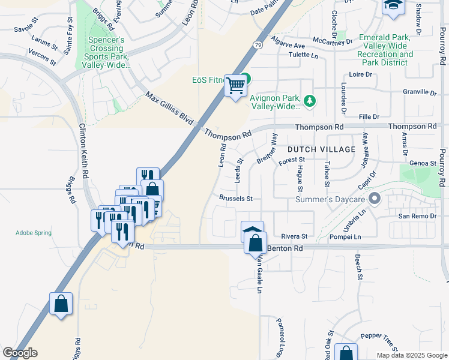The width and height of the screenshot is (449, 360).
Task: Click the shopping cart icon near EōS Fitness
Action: pyautogui.click(x=235, y=86)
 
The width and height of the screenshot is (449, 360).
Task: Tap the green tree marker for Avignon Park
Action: pyautogui.click(x=310, y=100)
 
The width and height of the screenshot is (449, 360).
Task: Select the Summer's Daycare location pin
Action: pyautogui.click(x=375, y=198)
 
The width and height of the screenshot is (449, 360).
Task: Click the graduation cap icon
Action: pyautogui.click(x=393, y=5)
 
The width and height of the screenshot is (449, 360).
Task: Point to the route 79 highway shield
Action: pyautogui.click(x=258, y=45)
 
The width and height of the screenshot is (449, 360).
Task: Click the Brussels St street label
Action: pyautogui.click(x=236, y=198)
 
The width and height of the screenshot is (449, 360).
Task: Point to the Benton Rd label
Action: pyautogui.click(x=285, y=247)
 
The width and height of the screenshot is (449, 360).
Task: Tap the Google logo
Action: pyautogui.click(x=19, y=353)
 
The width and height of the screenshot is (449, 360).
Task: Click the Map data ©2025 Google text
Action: pyautogui.click(x=412, y=355)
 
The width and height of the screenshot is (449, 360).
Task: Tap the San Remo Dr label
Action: pyautogui.click(x=415, y=215)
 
